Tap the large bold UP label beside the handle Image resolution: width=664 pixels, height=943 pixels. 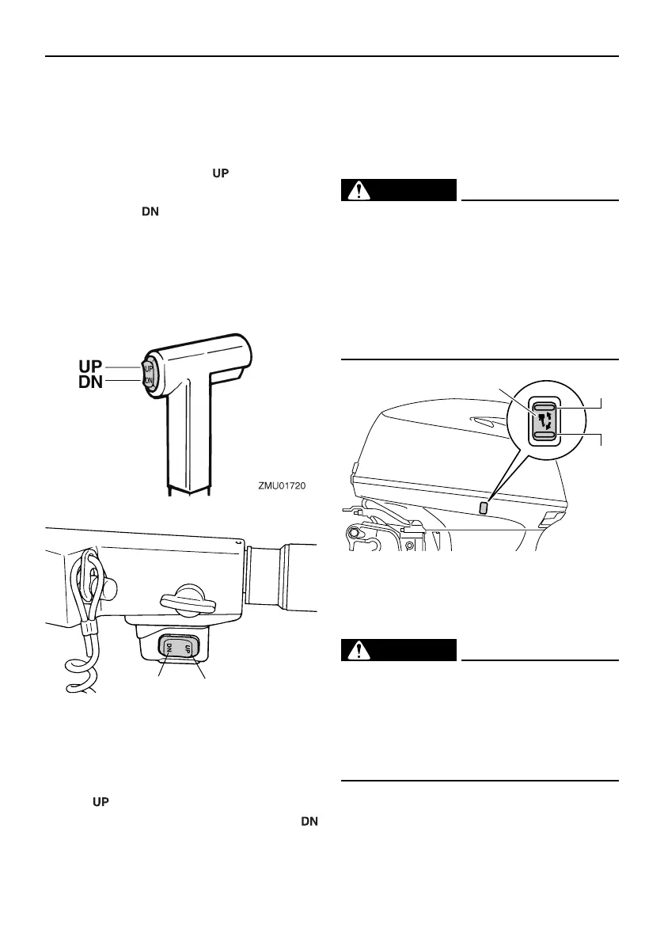[x=91, y=367]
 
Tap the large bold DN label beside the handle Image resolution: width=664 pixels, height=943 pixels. [x=91, y=383]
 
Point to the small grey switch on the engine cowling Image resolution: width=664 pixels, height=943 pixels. [x=484, y=507]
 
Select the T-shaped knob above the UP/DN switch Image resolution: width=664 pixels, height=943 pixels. [x=188, y=602]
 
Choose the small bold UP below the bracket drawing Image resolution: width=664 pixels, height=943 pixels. [x=101, y=802]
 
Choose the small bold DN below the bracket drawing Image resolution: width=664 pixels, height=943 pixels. [x=309, y=821]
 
